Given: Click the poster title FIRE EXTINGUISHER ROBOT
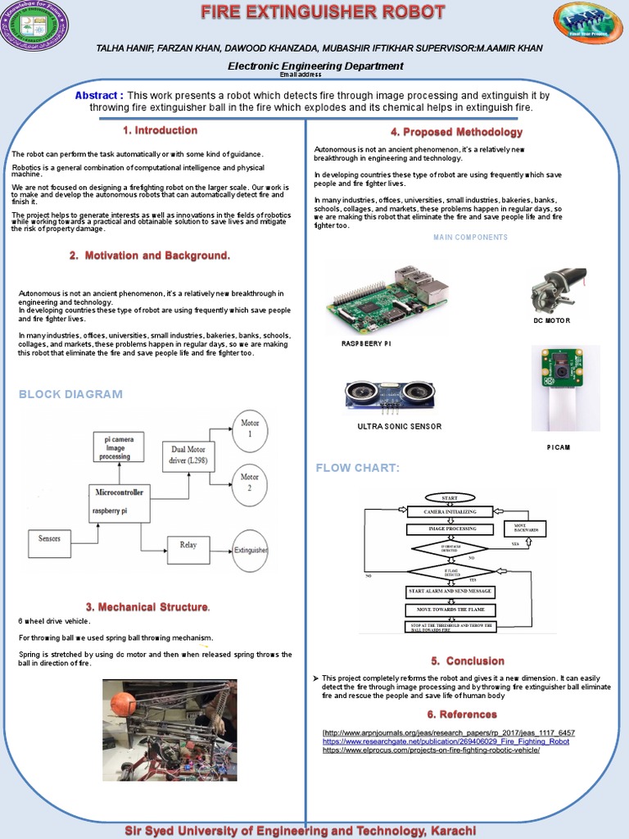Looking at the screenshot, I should click(x=324, y=12).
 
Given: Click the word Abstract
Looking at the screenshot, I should click(x=99, y=96).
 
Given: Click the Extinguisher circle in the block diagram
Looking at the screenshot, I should click(x=251, y=551).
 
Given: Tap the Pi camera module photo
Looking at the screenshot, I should click(x=565, y=387).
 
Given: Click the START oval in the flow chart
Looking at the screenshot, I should click(x=450, y=497).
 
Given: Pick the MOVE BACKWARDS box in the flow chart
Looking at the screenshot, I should click(x=525, y=528).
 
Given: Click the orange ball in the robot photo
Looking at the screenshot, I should click(x=122, y=704).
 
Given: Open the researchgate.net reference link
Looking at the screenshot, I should click(x=446, y=741).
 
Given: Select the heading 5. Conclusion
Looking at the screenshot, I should click(x=468, y=661).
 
